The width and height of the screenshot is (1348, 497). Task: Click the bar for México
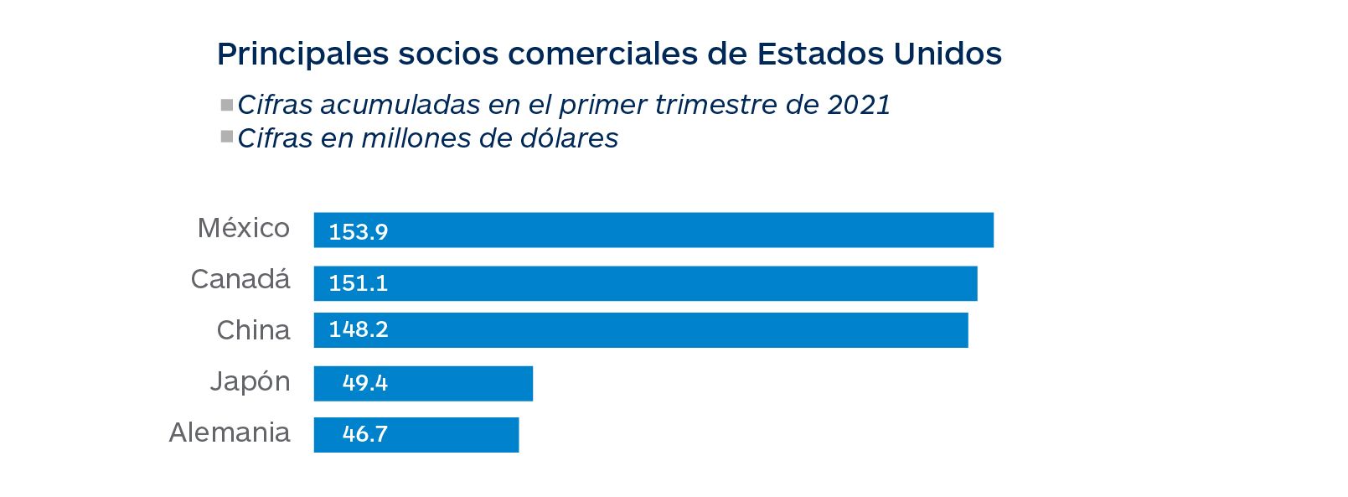pyautogui.click(x=653, y=230)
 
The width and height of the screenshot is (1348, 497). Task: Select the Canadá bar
pyautogui.click(x=645, y=283)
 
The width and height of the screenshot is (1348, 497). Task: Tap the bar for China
pyautogui.click(x=641, y=330)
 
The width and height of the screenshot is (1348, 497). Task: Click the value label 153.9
pyautogui.click(x=359, y=232)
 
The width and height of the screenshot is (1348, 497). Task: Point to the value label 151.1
pyautogui.click(x=359, y=283)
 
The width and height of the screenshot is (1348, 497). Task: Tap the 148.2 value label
pyautogui.click(x=359, y=329)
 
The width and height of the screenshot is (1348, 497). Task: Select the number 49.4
pyautogui.click(x=365, y=383)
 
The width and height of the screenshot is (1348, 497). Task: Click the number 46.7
pyautogui.click(x=365, y=434)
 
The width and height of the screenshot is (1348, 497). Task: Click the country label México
pyautogui.click(x=244, y=228)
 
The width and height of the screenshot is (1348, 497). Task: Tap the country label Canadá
pyautogui.click(x=240, y=279)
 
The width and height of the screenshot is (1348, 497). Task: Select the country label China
pyautogui.click(x=253, y=330)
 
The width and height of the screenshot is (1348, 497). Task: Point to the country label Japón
pyautogui.click(x=250, y=382)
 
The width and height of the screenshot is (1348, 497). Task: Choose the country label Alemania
pyautogui.click(x=230, y=432)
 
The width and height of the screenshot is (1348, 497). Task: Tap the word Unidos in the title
pyautogui.click(x=948, y=54)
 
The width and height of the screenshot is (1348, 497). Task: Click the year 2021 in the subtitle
pyautogui.click(x=859, y=105)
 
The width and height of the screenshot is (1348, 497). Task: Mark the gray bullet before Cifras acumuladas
pyautogui.click(x=226, y=106)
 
